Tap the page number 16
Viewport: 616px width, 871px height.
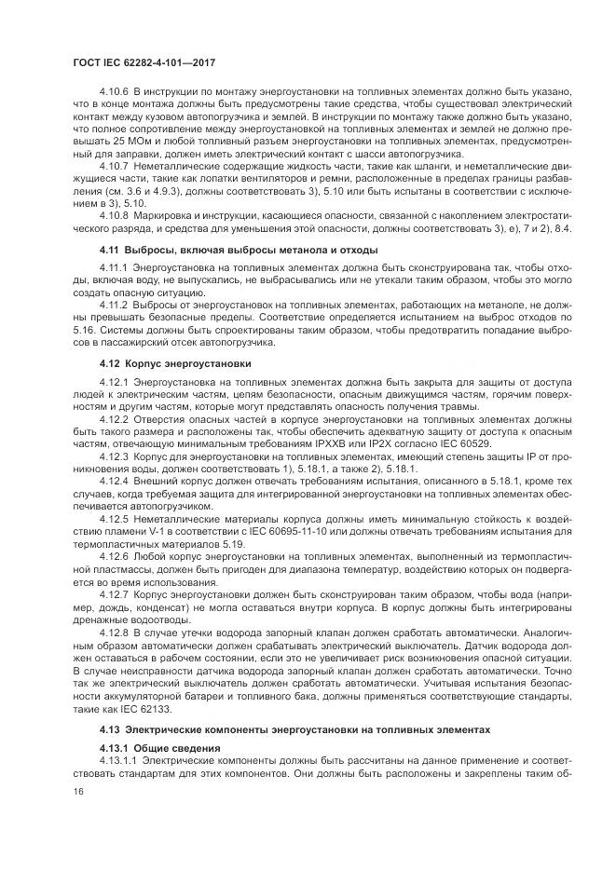pyautogui.click(x=78, y=789)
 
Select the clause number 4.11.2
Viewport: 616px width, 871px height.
pyautogui.click(x=112, y=305)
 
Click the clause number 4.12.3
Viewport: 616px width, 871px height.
pyautogui.click(x=112, y=457)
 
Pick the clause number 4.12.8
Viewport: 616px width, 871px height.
pyautogui.click(x=112, y=630)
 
